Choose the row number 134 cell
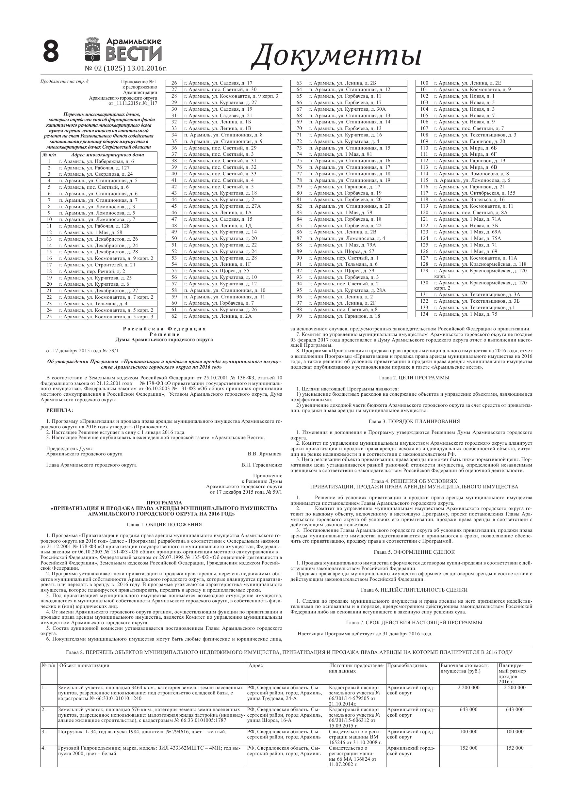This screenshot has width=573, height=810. [424, 314]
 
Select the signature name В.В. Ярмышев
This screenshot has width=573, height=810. [264, 454]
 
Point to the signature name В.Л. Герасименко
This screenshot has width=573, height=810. [262, 465]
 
